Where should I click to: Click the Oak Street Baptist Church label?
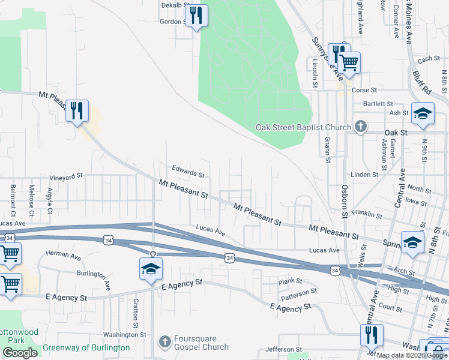pos(303,127)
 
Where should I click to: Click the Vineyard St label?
pos(66,177)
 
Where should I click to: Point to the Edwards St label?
pos(188,172)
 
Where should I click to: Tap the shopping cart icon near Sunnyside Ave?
pos(349,62)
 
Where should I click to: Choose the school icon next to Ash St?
pos(423,114)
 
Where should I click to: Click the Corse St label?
pos(364,90)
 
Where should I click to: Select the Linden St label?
pos(366,175)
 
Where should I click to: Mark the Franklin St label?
pos(367,214)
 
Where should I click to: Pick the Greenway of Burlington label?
pos(86,347)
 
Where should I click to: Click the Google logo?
pos(20,353)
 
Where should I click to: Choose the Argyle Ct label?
pos(49,197)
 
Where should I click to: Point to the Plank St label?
pos(289,281)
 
